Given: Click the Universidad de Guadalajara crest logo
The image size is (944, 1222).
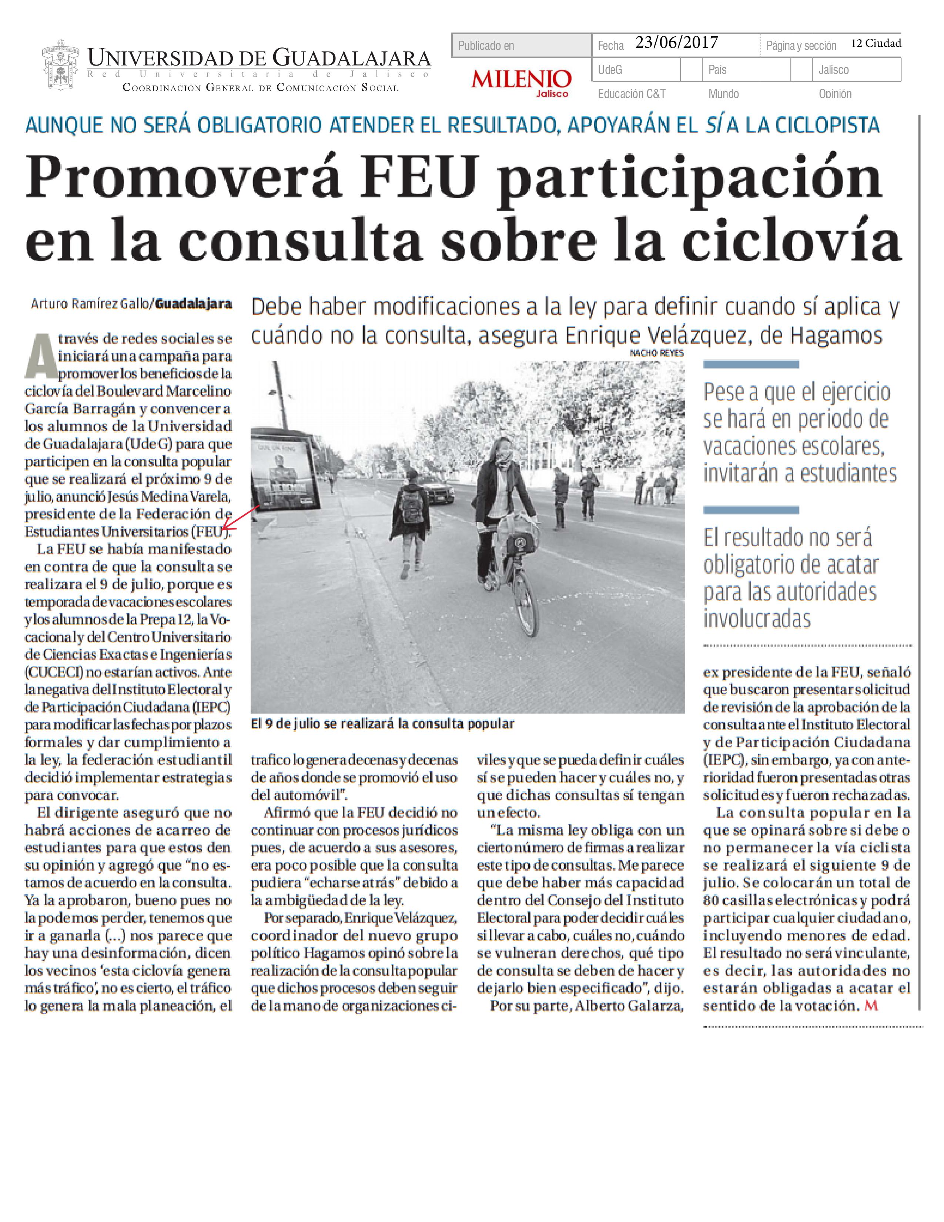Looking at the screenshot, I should tap(61, 66).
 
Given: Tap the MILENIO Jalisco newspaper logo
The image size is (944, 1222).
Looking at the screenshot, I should tap(521, 82).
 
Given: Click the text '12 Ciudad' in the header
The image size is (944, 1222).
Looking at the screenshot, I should tap(876, 43).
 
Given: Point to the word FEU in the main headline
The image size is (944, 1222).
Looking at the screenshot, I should tap(419, 177).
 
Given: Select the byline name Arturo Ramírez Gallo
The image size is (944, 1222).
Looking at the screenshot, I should tap(90, 304).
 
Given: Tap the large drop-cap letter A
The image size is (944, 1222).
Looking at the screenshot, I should tap(40, 356).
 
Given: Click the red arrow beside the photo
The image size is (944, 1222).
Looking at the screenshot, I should tap(241, 518).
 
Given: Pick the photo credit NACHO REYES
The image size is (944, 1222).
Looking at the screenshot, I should tap(657, 353).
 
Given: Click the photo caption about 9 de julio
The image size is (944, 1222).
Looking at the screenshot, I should tap(382, 724).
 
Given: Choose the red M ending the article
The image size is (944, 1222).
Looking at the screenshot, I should tap(871, 1005).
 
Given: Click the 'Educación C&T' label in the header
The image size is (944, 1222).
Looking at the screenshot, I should tap(632, 94).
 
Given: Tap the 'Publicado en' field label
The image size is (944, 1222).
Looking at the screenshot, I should tap(486, 46).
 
